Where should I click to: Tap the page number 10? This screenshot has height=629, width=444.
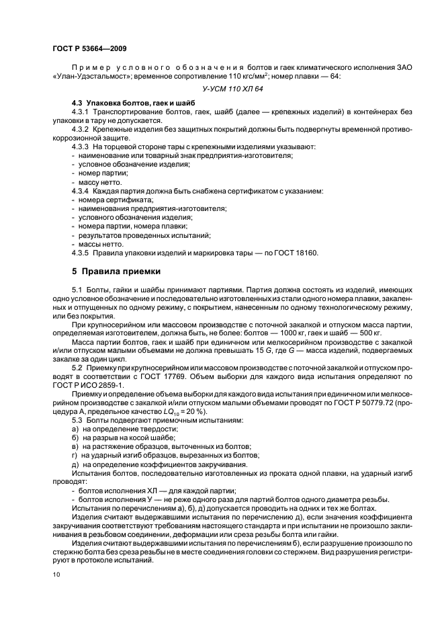click(x=56, y=574)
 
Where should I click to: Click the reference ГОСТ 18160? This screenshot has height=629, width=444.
click(x=294, y=253)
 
